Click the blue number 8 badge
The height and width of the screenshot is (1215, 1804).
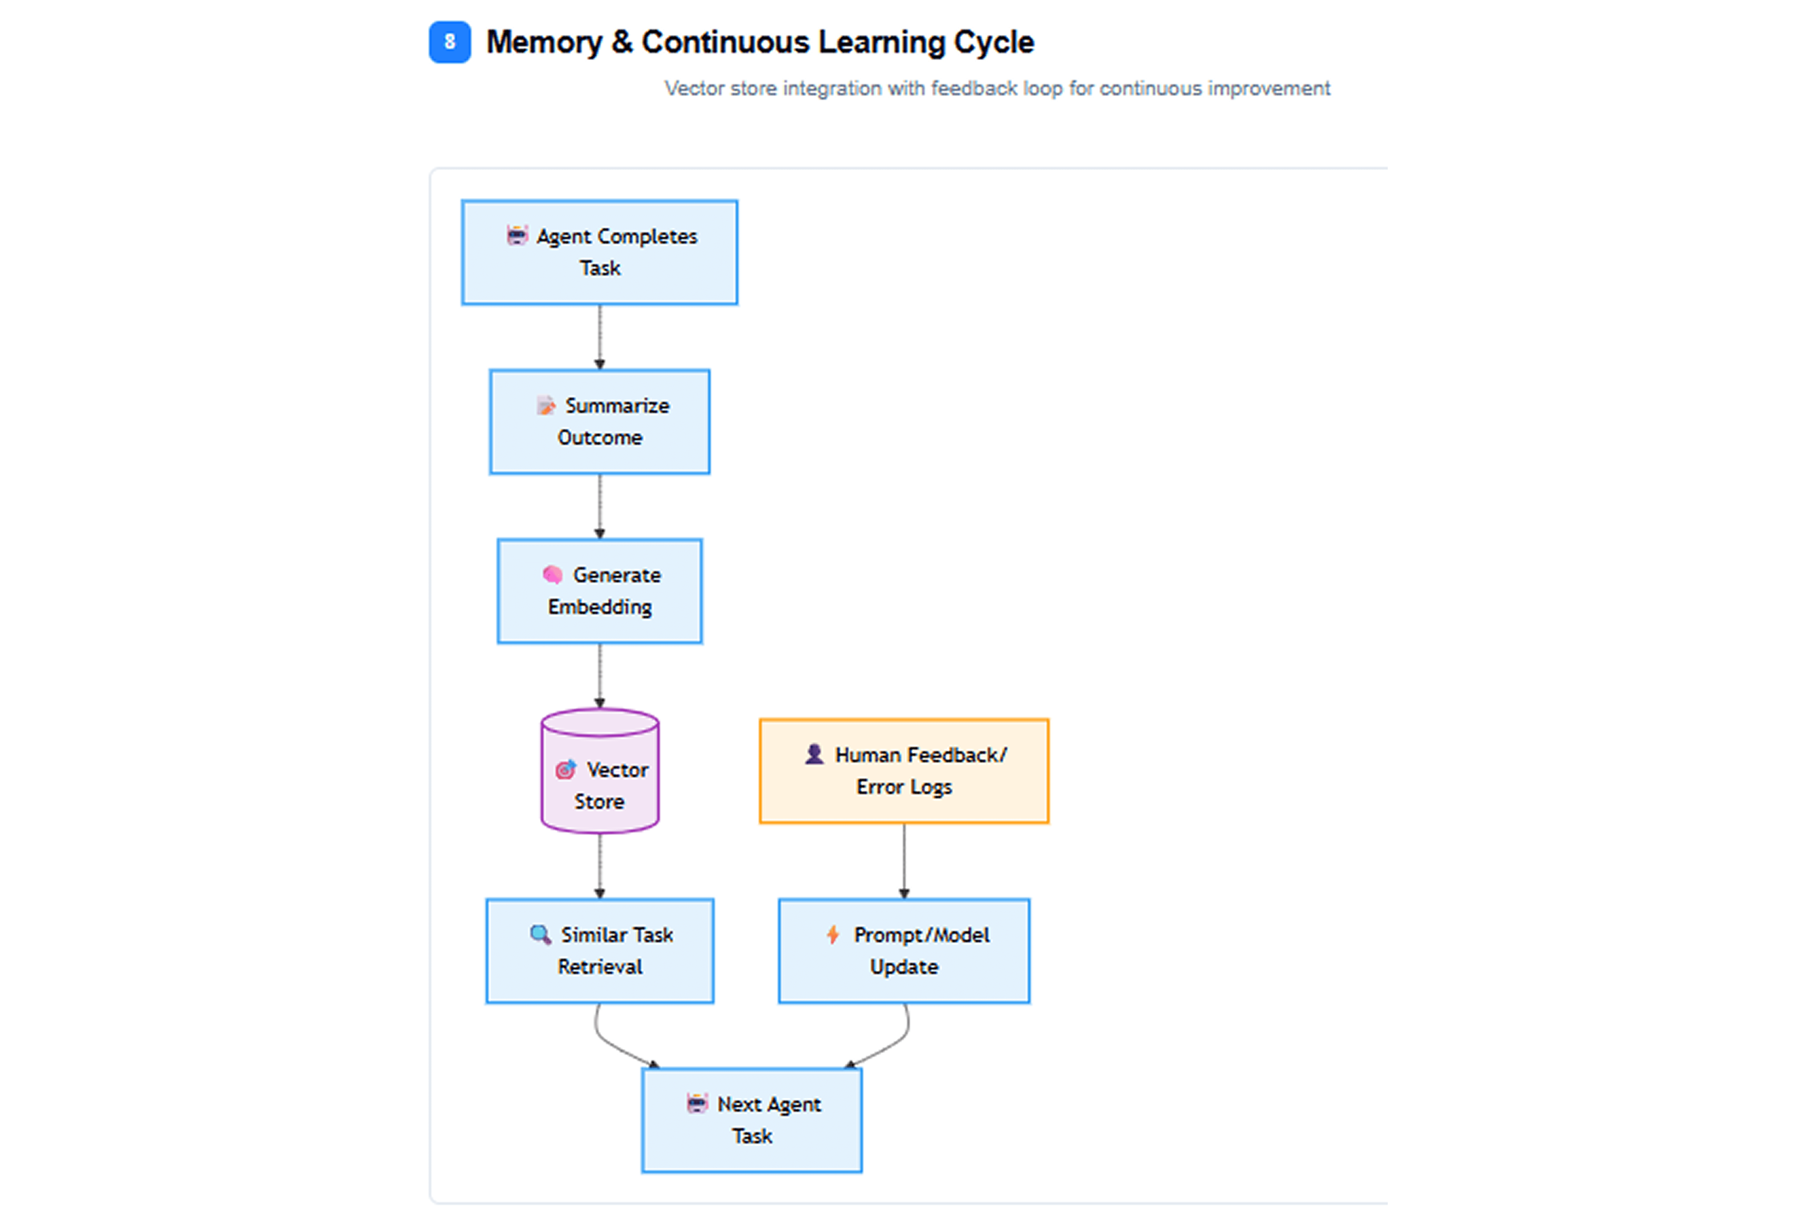pyautogui.click(x=449, y=42)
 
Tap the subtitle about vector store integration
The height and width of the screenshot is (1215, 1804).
pyautogui.click(x=997, y=88)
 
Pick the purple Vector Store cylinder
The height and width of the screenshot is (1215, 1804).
pyautogui.click(x=600, y=771)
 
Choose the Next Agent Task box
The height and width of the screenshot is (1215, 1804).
pyautogui.click(x=752, y=1120)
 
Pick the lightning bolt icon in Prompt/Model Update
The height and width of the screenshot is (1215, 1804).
pyautogui.click(x=833, y=935)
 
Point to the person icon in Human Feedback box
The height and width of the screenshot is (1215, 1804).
pyautogui.click(x=814, y=754)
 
